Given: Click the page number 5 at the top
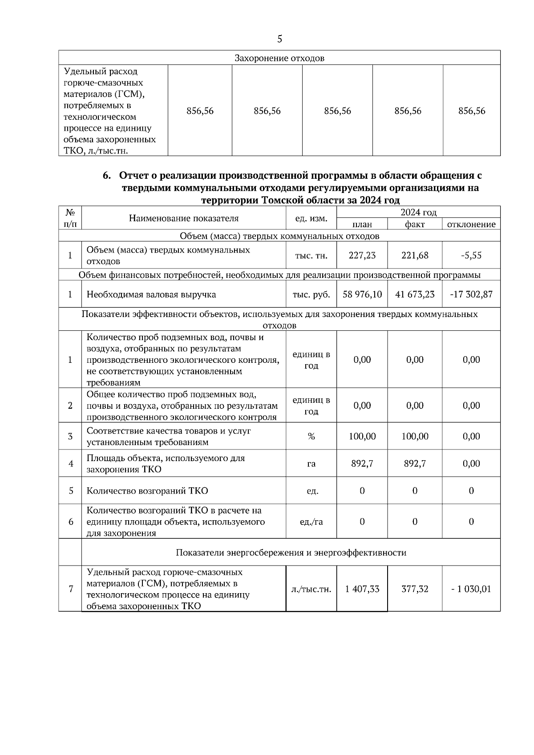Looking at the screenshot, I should tap(279, 39).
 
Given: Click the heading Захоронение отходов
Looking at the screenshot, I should tap(279, 58).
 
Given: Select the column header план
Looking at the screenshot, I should tap(362, 225).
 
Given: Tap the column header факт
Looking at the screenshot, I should tap(415, 225).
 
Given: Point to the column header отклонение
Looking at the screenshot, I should tap(471, 225).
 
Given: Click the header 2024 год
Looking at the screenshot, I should tap(418, 212).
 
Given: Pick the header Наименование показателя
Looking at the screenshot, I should tap(184, 218).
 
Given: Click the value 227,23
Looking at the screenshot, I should tap(362, 255).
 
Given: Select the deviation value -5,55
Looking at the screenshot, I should tap(471, 255).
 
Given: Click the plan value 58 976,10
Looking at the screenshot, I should tap(362, 294).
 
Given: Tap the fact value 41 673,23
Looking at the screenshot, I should tap(415, 294).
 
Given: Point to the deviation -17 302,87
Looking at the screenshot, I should tap(471, 294).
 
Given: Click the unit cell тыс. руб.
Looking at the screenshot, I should tap(311, 294).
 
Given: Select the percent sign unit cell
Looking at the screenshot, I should tap(311, 436).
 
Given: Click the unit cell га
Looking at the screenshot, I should tap(311, 464).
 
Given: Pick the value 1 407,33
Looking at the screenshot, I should tap(362, 589).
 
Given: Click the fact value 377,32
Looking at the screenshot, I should tap(415, 589).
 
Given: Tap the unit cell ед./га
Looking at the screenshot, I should tap(311, 522).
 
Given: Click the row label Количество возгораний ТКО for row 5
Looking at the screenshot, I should tap(147, 491).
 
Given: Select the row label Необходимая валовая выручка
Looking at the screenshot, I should tap(151, 294).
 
